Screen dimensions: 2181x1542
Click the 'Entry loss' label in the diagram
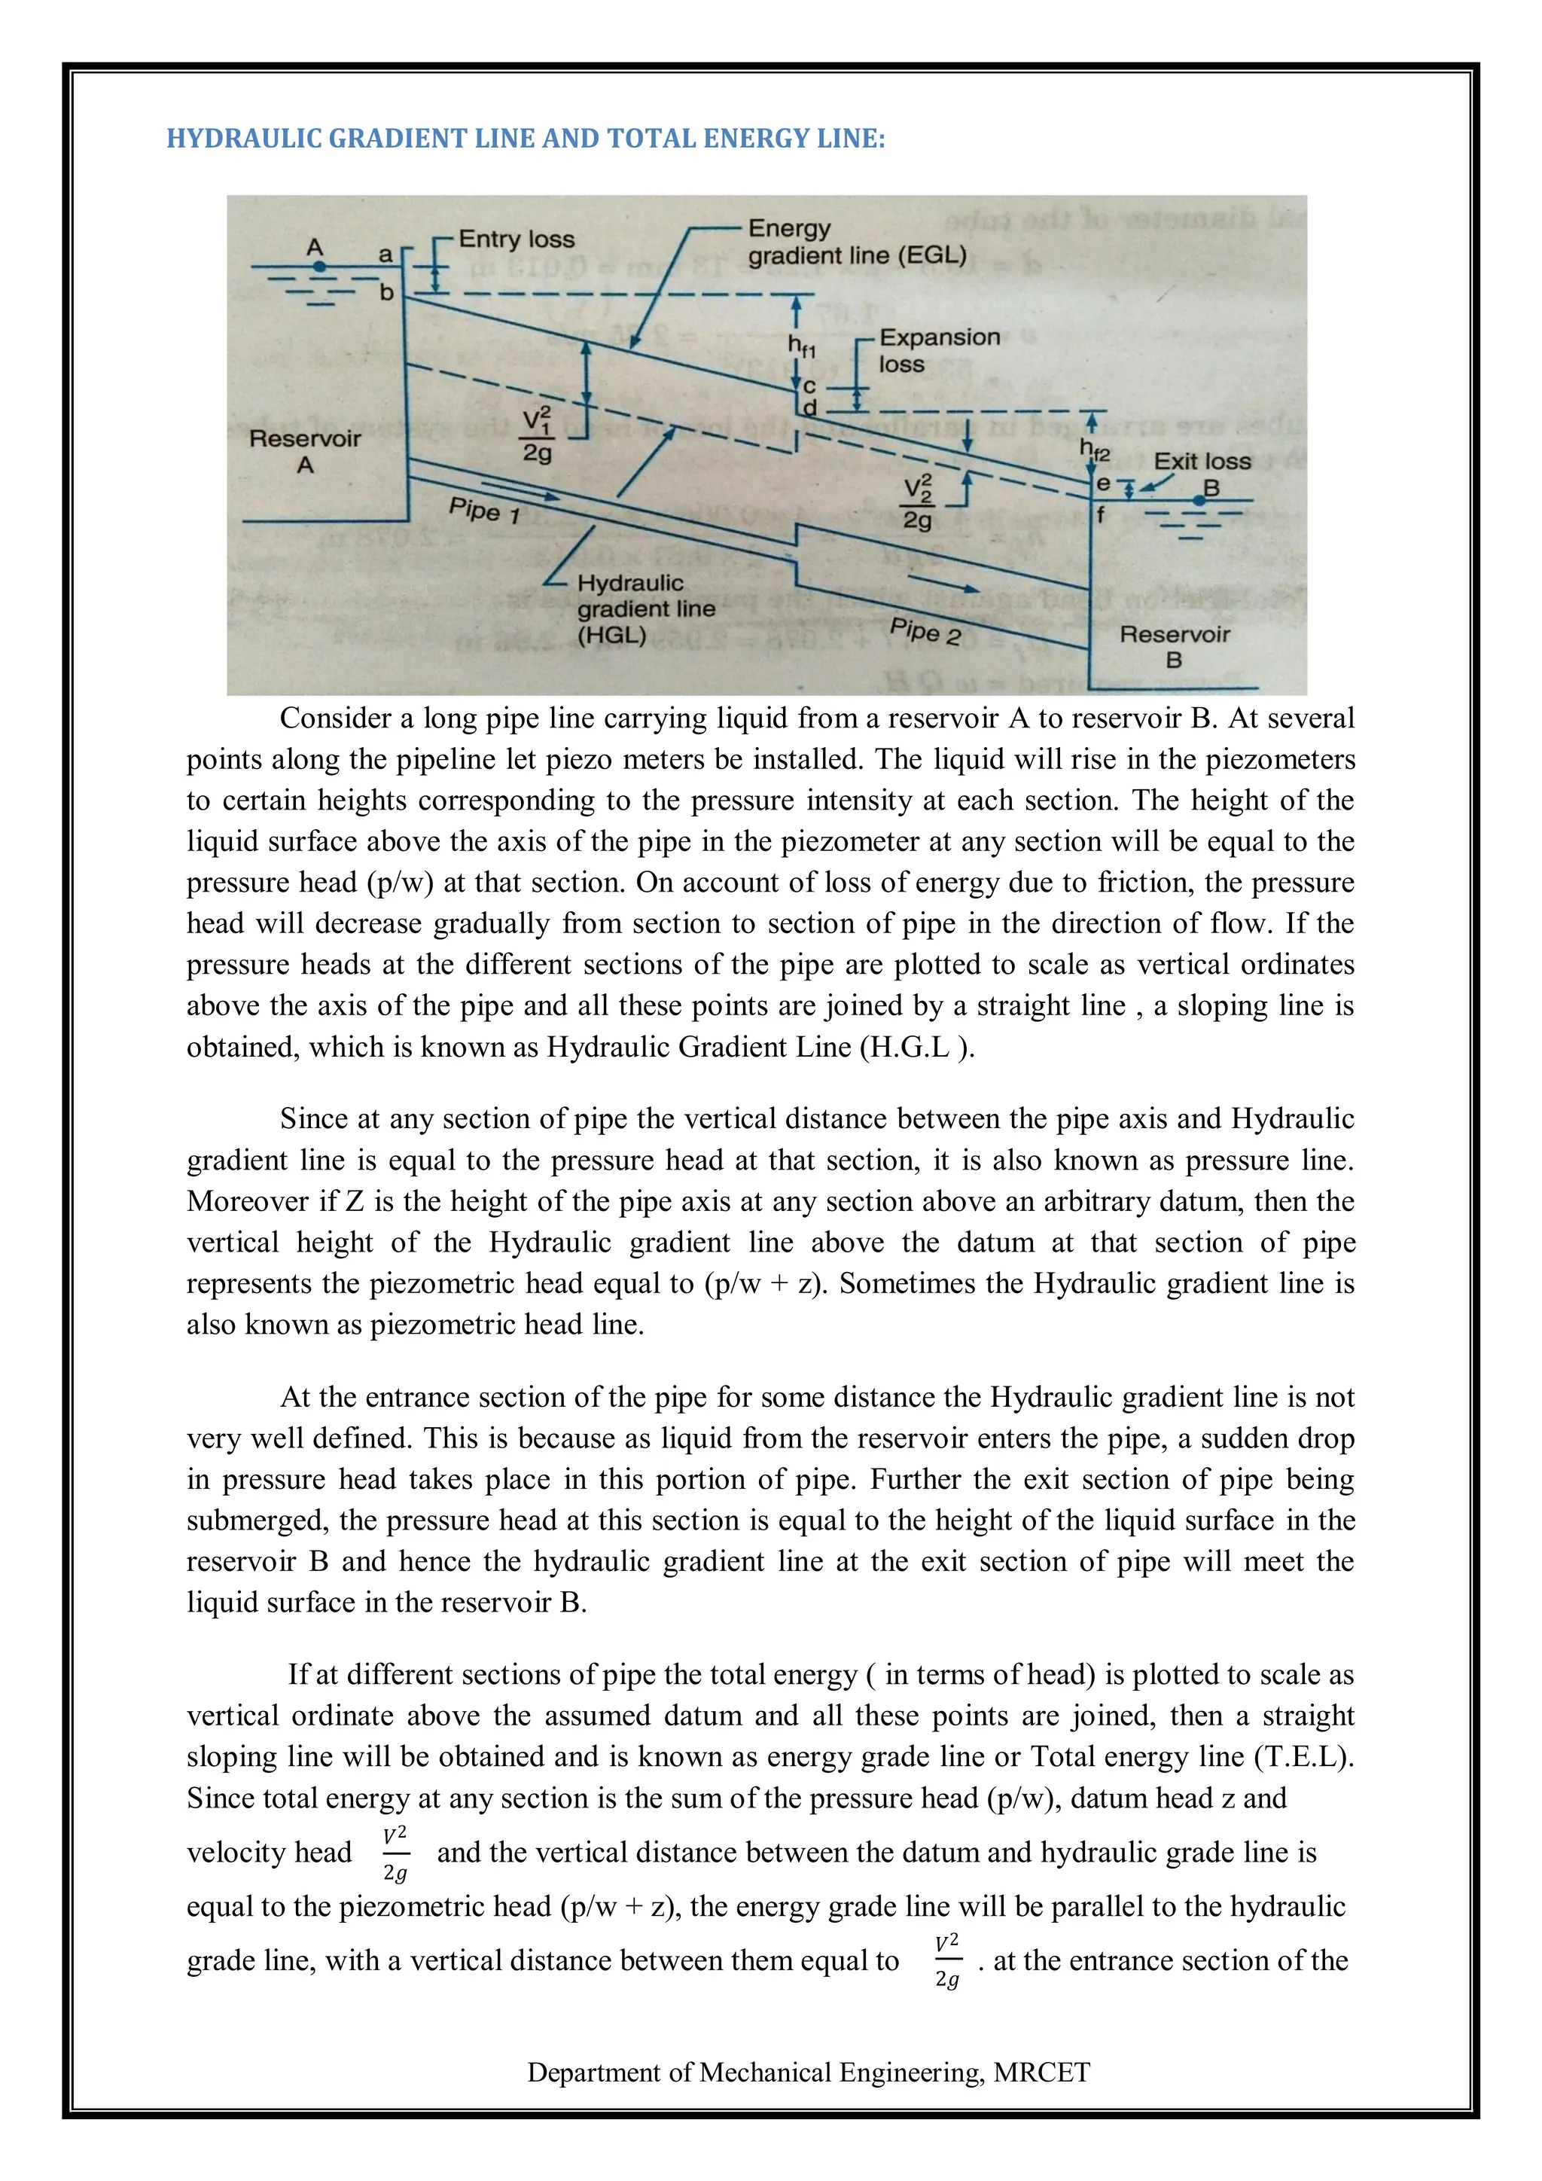517,239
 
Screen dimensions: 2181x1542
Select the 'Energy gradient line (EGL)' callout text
855,243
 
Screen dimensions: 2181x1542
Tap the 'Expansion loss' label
938,350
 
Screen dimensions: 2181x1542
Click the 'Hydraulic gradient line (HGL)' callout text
646,609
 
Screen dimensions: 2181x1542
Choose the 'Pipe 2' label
926,631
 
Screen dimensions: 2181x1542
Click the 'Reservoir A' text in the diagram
305,451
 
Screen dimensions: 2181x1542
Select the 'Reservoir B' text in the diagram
1175,646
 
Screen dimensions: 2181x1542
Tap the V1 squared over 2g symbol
538,435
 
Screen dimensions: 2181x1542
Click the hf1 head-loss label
801,346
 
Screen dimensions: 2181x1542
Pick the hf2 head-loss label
1094,450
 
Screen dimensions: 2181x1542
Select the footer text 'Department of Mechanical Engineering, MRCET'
808,2072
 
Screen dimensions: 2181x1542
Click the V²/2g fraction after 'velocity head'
395,1853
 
